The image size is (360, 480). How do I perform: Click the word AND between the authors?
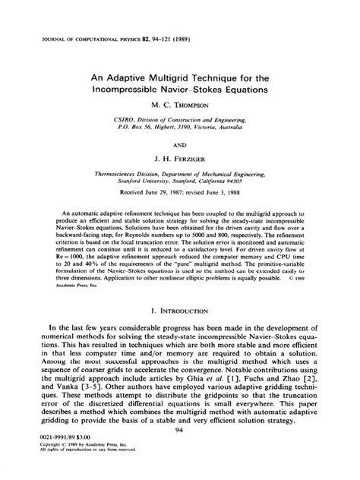click(179, 142)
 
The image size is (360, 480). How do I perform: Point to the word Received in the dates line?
click(139, 194)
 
